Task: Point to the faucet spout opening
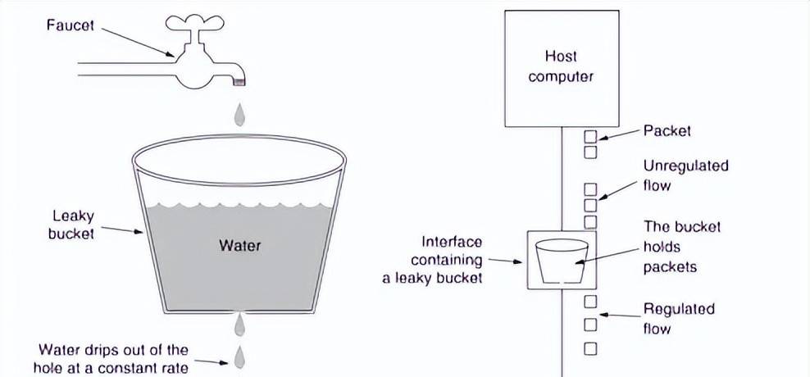pyautogui.click(x=239, y=80)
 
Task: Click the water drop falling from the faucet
pyautogui.click(x=239, y=114)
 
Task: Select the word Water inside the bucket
pyautogui.click(x=239, y=245)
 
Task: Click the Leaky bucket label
pyautogui.click(x=72, y=225)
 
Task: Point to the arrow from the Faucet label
pyautogui.click(x=139, y=41)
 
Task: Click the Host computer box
pyautogui.click(x=560, y=67)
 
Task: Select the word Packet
pyautogui.click(x=667, y=130)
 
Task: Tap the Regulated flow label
pyautogui.click(x=679, y=319)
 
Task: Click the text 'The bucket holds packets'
pyautogui.click(x=671, y=246)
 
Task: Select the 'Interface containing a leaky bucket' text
pyautogui.click(x=432, y=260)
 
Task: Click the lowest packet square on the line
pyautogui.click(x=589, y=348)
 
